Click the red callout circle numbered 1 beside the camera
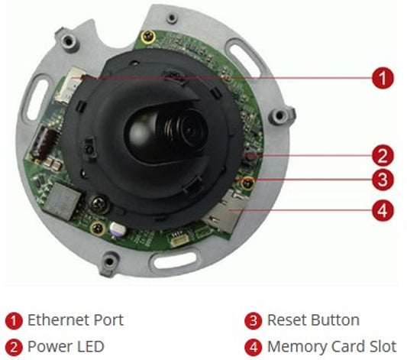pyautogui.click(x=383, y=78)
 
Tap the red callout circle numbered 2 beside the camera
pyautogui.click(x=383, y=156)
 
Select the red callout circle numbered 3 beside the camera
pyautogui.click(x=383, y=180)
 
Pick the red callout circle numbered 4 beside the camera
pyautogui.click(x=383, y=210)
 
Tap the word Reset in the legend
pyautogui.click(x=287, y=319)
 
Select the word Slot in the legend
pyautogui.click(x=383, y=346)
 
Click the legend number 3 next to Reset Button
pyautogui.click(x=253, y=321)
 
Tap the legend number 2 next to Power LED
pyautogui.click(x=14, y=348)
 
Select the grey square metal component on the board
pyautogui.click(x=63, y=200)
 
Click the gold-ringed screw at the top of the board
pyautogui.click(x=148, y=37)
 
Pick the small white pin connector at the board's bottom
pyautogui.click(x=179, y=238)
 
